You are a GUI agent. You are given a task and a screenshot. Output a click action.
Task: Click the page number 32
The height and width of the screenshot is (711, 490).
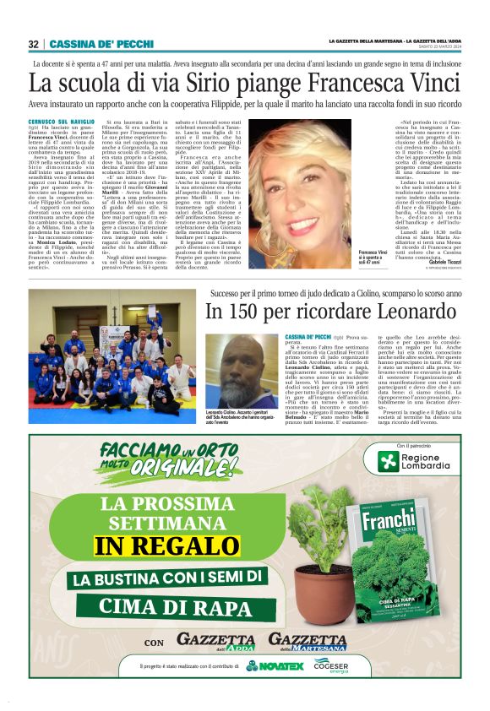point(33,44)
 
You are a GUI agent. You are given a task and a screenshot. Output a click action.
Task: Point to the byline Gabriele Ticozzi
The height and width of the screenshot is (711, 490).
point(438,262)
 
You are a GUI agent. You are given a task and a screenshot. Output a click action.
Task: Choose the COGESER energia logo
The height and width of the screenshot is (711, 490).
point(331,666)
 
